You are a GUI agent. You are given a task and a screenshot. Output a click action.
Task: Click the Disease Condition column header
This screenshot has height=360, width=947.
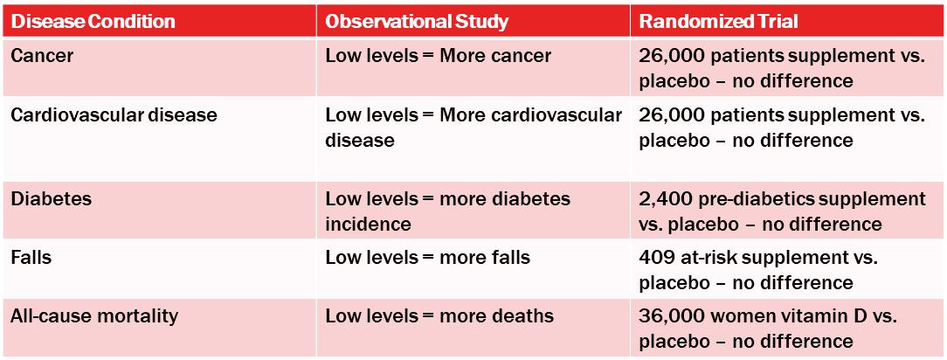(93, 22)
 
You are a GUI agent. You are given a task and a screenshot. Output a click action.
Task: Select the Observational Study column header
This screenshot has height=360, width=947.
(417, 22)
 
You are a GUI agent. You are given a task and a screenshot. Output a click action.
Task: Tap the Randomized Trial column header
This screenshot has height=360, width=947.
(719, 22)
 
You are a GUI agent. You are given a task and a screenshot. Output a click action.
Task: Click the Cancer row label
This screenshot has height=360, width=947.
(42, 56)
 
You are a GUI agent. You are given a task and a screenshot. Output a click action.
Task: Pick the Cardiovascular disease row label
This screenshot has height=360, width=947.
(114, 114)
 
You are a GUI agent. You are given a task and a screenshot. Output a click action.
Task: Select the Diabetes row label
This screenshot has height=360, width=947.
(52, 198)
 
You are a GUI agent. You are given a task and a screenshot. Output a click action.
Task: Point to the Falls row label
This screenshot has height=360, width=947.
(31, 257)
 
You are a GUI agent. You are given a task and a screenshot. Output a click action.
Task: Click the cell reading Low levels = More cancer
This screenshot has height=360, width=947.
(439, 56)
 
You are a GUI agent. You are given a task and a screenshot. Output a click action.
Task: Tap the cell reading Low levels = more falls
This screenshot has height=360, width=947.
(427, 257)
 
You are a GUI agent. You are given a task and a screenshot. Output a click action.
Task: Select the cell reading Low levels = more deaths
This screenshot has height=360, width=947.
(439, 316)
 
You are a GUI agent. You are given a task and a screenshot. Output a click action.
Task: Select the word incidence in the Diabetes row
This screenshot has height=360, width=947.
(369, 224)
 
